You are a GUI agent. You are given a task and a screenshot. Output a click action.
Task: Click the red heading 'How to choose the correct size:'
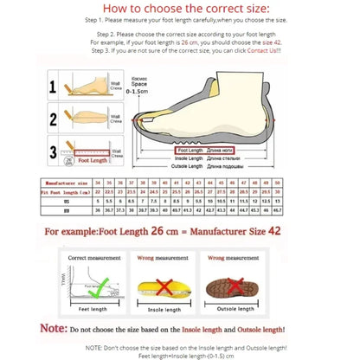[x=180, y=10]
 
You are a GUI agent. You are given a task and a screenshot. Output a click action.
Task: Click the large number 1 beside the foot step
[x=53, y=87]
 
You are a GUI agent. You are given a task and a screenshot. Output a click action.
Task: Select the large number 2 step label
[x=53, y=119]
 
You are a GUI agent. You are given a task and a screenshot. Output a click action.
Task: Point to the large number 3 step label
[x=53, y=152]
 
